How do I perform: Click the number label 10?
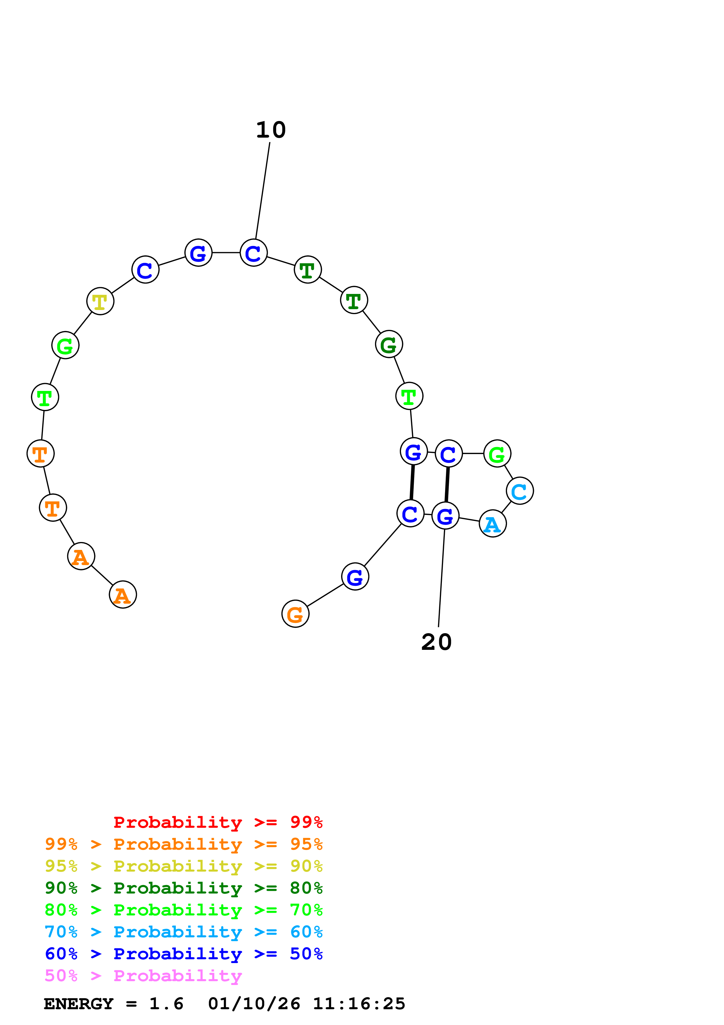tap(270, 130)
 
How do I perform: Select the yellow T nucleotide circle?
tap(100, 301)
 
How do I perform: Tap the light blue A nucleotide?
tap(492, 524)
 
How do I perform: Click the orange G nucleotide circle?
tap(295, 614)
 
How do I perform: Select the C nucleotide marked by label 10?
tap(254, 253)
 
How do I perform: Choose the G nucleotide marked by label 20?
tap(445, 516)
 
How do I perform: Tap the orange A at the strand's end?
tap(123, 595)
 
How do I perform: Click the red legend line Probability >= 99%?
tap(218, 822)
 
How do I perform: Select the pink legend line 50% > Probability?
tap(143, 976)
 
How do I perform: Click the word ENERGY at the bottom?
tap(79, 1004)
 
